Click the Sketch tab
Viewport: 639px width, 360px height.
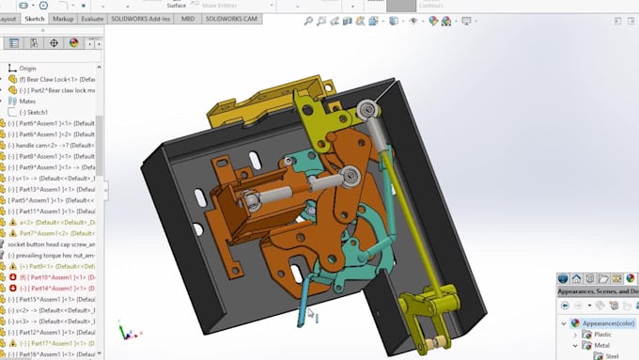click(35, 18)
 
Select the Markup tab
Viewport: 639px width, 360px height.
click(64, 18)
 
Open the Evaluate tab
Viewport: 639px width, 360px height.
click(93, 18)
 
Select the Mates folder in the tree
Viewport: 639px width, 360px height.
click(28, 101)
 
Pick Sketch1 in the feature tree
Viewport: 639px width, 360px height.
click(37, 112)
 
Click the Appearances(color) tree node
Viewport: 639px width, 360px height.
click(606, 322)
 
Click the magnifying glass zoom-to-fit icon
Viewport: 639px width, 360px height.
click(307, 21)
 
